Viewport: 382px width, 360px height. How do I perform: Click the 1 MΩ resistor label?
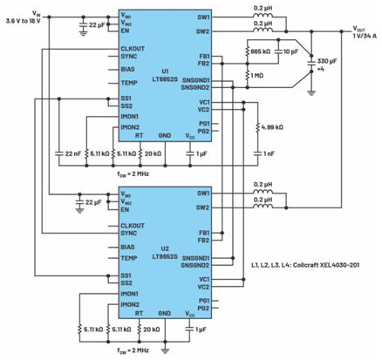pyautogui.click(x=258, y=76)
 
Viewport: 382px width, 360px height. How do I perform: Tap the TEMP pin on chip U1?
pyautogui.click(x=130, y=85)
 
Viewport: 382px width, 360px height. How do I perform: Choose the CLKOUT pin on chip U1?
pyautogui.click(x=134, y=47)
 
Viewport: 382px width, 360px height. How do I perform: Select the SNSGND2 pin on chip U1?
pyautogui.click(x=196, y=87)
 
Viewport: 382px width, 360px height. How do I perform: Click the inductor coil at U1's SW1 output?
pyautogui.click(x=262, y=17)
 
